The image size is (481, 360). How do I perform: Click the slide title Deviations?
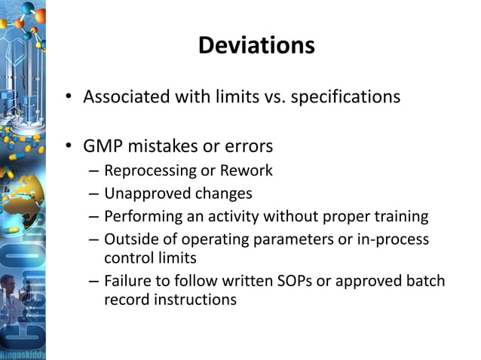(x=256, y=47)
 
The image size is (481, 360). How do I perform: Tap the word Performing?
(x=141, y=218)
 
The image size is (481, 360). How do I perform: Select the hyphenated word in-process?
(x=396, y=239)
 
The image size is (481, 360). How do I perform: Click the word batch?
(x=426, y=281)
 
